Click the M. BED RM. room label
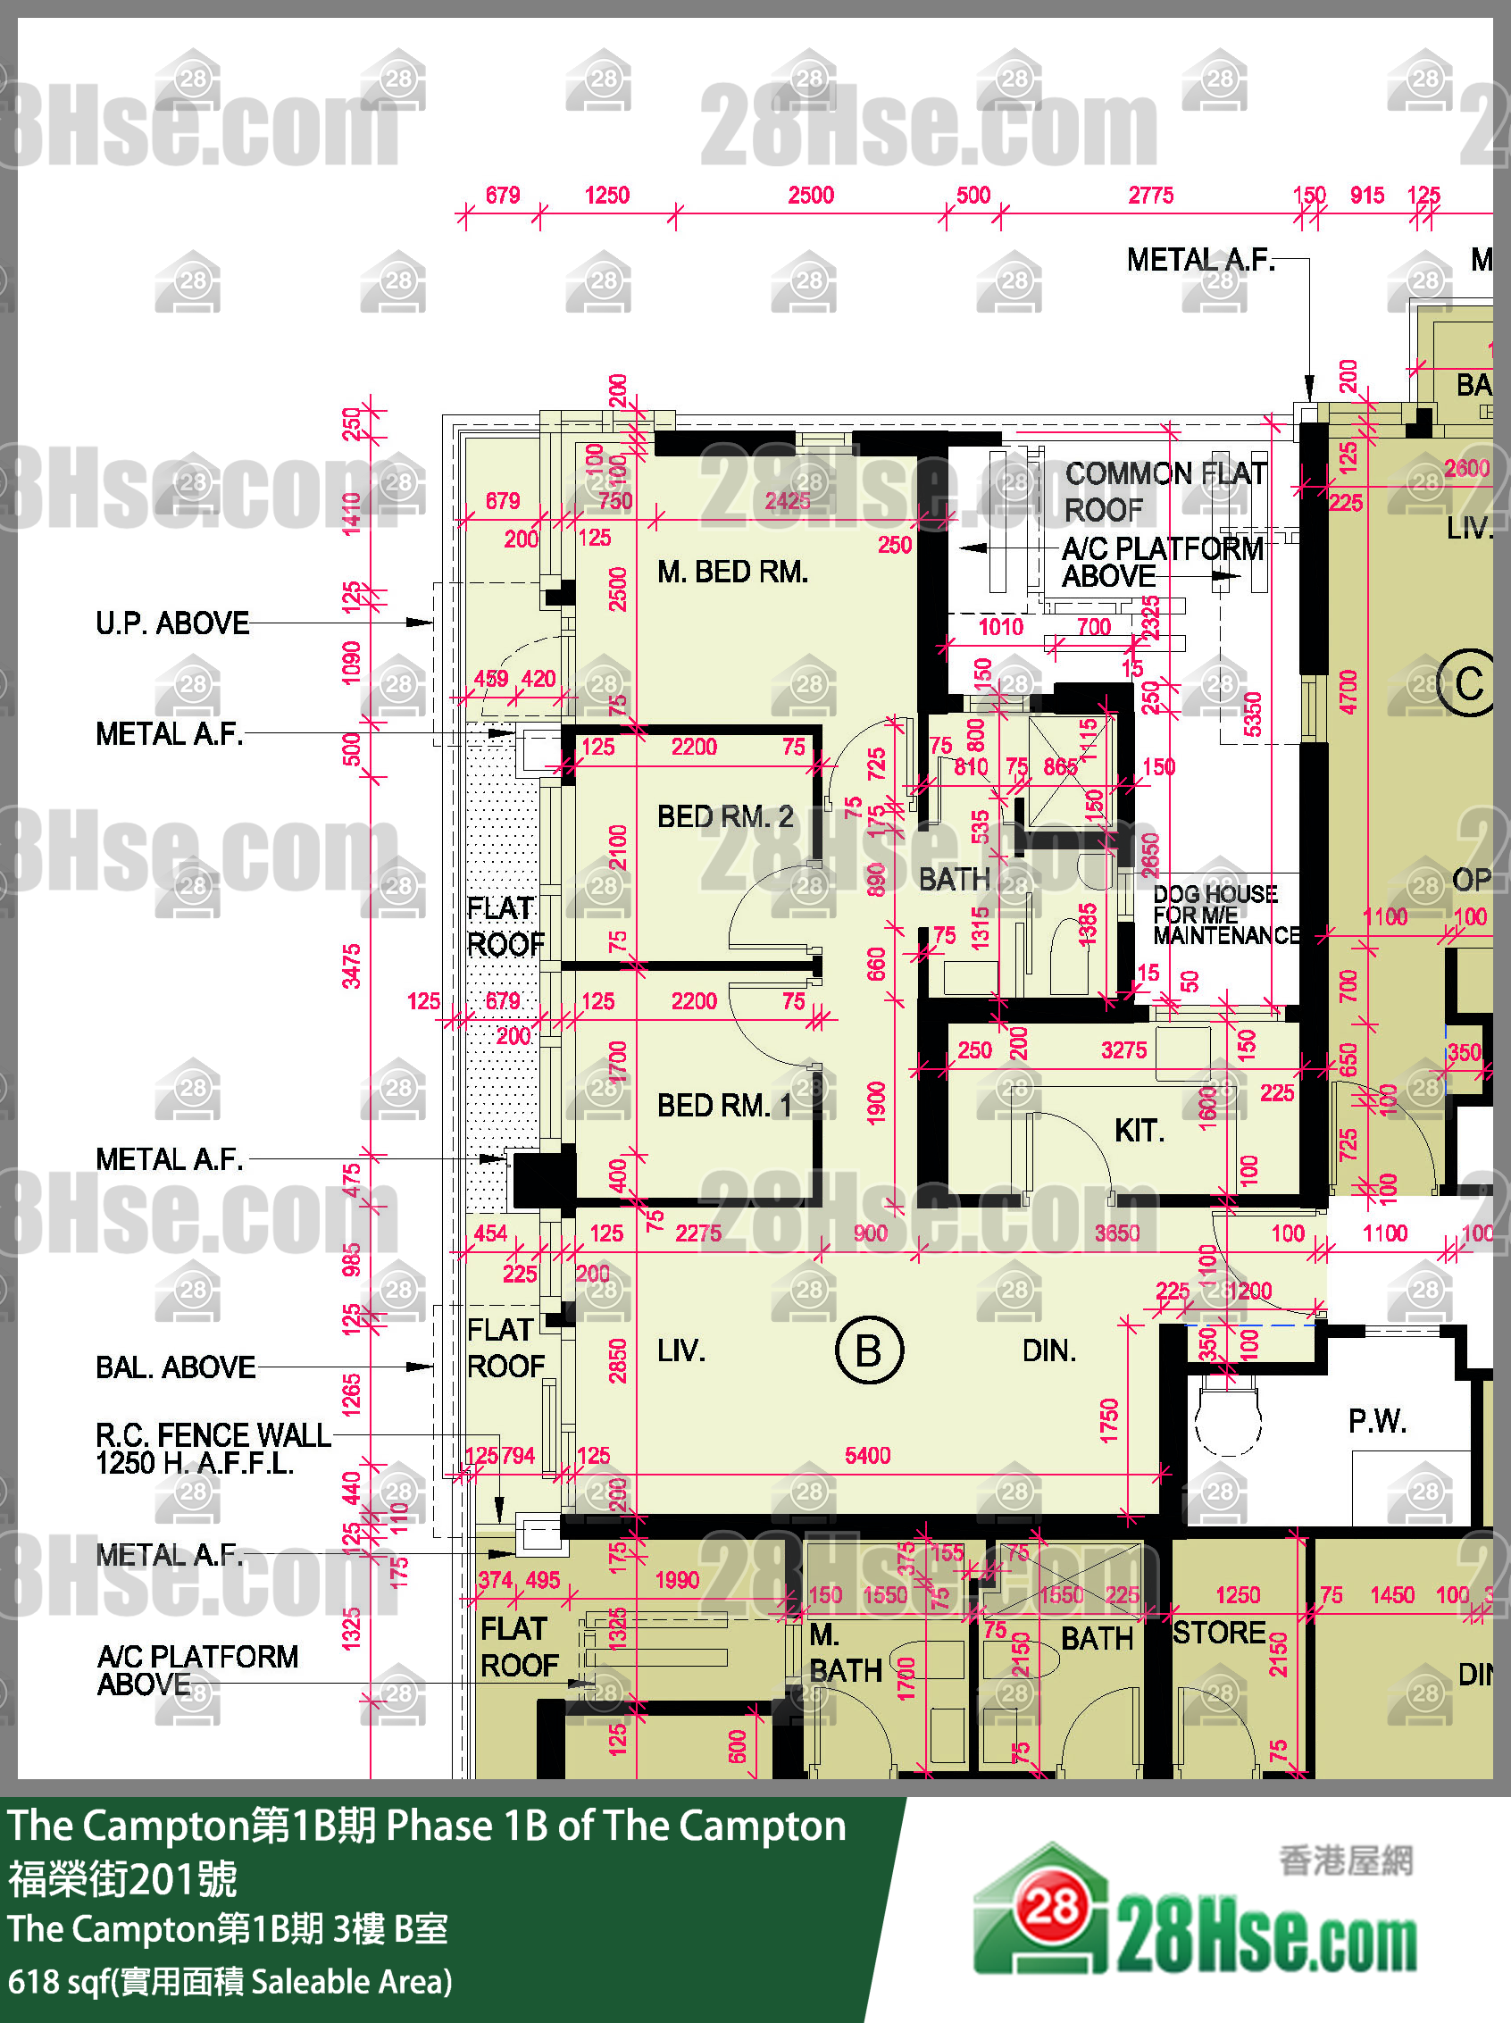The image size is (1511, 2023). click(x=731, y=573)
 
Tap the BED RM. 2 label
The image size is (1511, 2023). click(x=724, y=816)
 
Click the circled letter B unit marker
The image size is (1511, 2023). click(x=869, y=1350)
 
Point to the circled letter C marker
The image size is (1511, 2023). click(x=1468, y=683)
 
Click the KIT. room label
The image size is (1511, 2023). click(x=1139, y=1132)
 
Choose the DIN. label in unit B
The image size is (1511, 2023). click(x=1049, y=1350)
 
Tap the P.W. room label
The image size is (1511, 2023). click(x=1376, y=1421)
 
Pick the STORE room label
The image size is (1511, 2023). click(x=1219, y=1633)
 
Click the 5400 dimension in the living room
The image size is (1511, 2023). click(x=867, y=1455)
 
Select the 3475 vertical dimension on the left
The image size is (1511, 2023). click(x=351, y=966)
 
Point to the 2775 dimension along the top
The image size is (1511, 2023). click(x=1149, y=196)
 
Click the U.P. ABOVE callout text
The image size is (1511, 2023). click(x=172, y=623)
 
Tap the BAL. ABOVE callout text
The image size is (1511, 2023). click(x=176, y=1367)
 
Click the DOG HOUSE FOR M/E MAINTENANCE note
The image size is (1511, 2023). click(x=1224, y=915)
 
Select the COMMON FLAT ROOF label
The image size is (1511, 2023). click(x=1165, y=491)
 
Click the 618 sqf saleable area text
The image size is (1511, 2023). click(x=230, y=1982)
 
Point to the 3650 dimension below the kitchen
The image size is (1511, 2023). click(x=1117, y=1233)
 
